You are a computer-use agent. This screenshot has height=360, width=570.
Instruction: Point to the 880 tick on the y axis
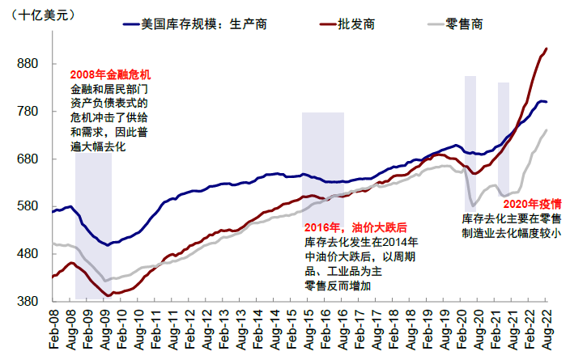29,63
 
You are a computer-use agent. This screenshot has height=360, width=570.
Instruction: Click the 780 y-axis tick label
29,111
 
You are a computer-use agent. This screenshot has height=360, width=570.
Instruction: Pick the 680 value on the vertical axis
29,159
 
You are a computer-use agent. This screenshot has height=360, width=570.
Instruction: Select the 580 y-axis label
29,206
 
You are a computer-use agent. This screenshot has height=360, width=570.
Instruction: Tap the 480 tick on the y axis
29,254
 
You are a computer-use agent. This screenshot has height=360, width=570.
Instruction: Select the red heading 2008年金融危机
110,74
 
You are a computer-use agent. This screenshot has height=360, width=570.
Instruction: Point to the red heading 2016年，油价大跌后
355,227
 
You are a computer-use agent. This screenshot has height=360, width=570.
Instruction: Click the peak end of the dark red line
547,49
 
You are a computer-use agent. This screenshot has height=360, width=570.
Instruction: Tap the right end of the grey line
547,129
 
